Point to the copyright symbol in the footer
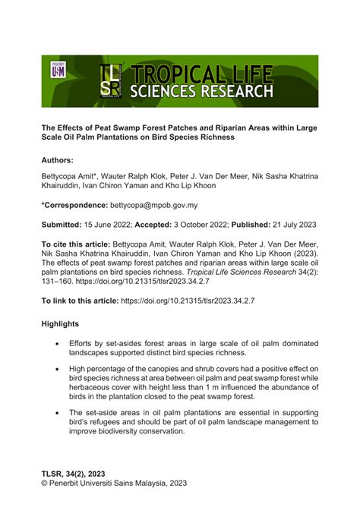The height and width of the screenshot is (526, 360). (45, 483)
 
